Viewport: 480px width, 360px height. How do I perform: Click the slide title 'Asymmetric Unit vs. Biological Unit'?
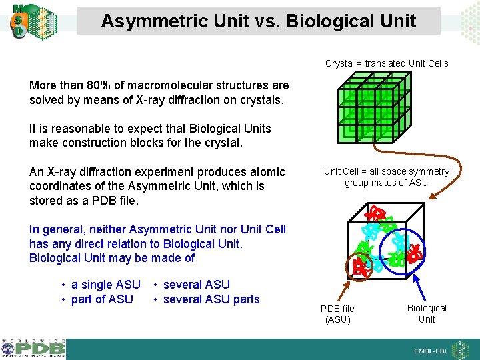click(x=259, y=21)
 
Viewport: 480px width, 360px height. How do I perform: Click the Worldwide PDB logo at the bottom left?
click(x=33, y=348)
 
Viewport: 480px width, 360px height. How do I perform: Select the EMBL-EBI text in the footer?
click(x=430, y=351)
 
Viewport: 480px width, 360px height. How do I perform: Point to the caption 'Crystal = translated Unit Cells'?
click(x=387, y=64)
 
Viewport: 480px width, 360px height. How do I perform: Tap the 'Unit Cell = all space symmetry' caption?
click(x=387, y=171)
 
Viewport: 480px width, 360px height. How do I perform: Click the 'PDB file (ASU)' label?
click(x=337, y=313)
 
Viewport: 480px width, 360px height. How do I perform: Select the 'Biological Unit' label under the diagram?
click(x=427, y=313)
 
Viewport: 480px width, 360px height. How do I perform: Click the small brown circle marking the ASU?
click(x=360, y=265)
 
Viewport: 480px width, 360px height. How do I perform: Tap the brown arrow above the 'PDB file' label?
click(x=347, y=288)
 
